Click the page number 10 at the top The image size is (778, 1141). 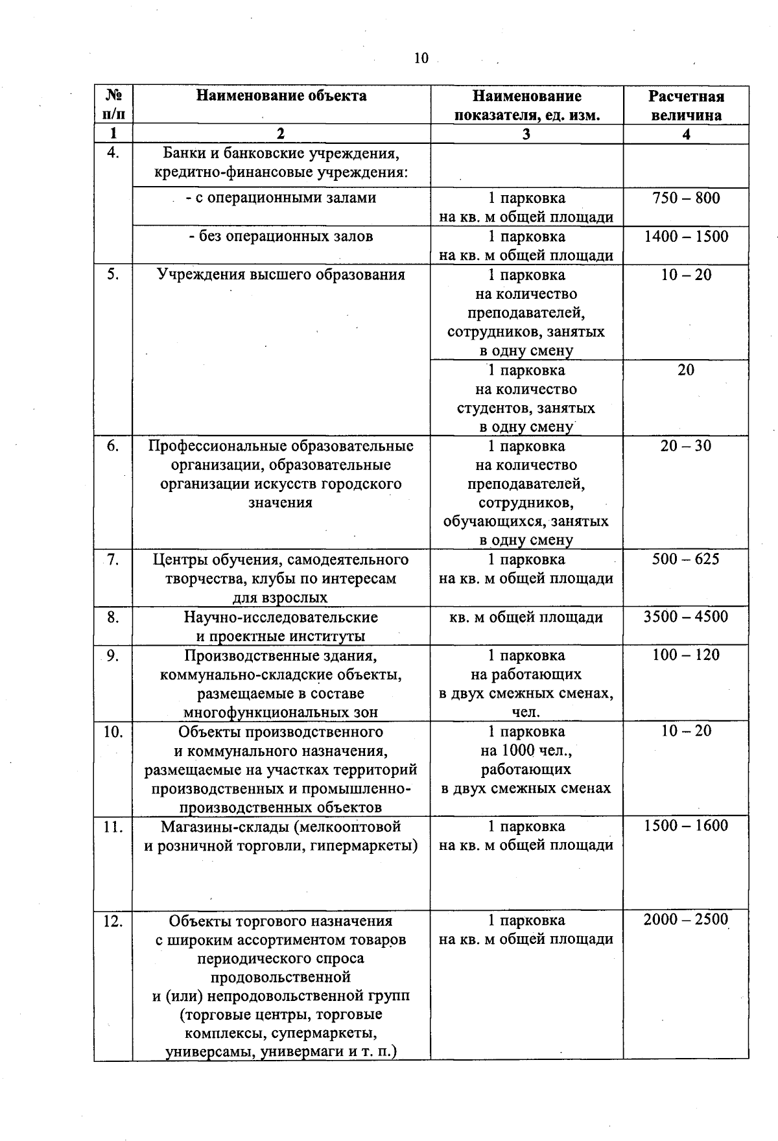coord(421,58)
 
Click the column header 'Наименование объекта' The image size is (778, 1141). coord(281,96)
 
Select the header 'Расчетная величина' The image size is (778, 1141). coord(686,106)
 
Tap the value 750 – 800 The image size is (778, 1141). coord(686,198)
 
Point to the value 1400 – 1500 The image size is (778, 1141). coord(686,236)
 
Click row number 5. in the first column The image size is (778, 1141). coord(113,274)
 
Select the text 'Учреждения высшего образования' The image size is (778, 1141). coord(281,274)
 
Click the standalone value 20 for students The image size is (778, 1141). coord(686,370)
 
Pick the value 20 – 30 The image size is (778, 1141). coord(686,445)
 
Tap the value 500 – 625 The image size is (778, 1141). coord(686,559)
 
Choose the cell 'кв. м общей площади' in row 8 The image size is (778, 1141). coord(526,617)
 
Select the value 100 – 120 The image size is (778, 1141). coord(686,654)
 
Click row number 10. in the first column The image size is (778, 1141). coord(113,731)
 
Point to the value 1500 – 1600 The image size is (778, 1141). coord(686,825)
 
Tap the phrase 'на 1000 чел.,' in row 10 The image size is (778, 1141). coord(526,751)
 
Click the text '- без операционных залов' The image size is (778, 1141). coord(281,236)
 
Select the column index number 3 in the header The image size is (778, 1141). coord(526,134)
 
